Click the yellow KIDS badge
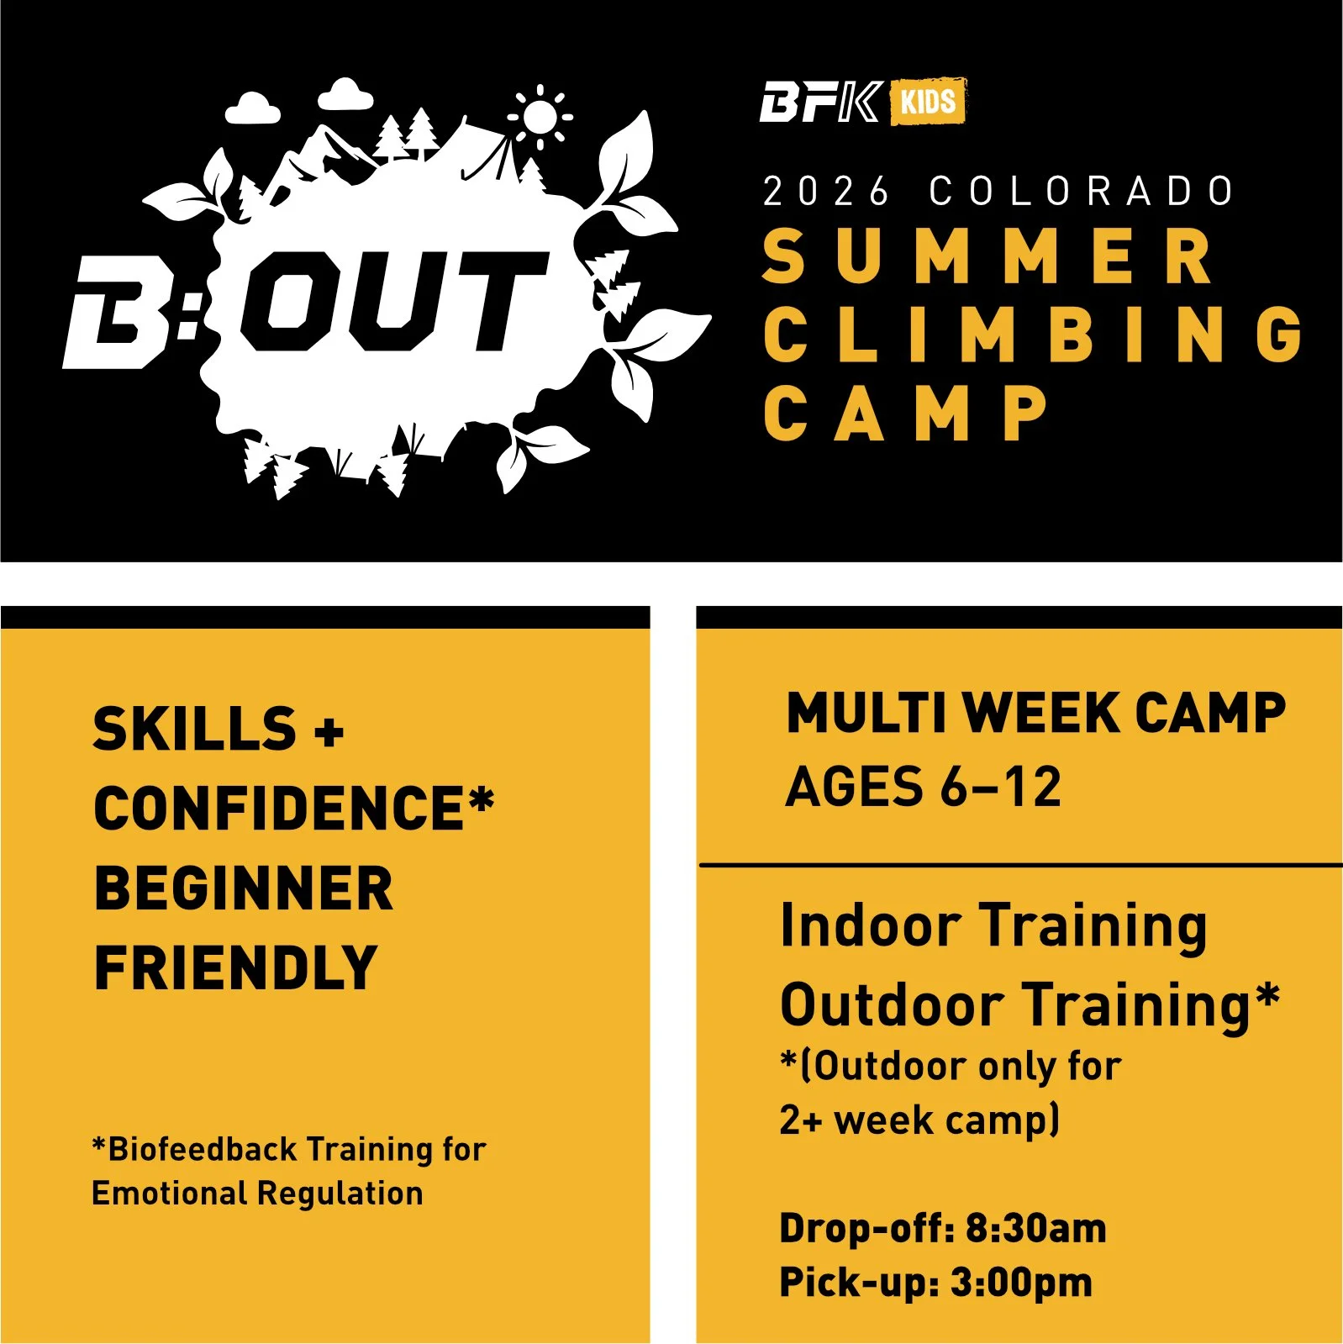pyautogui.click(x=928, y=102)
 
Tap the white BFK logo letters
pyautogui.click(x=820, y=103)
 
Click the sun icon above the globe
pyautogui.click(x=540, y=118)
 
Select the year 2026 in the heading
pyautogui.click(x=825, y=192)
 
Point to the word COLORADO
pyautogui.click(x=1082, y=192)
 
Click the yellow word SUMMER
pyautogui.click(x=988, y=257)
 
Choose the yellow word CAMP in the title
pyautogui.click(x=906, y=413)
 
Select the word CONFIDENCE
pyautogui.click(x=279, y=809)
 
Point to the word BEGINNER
pyautogui.click(x=244, y=888)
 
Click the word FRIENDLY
pyautogui.click(x=236, y=968)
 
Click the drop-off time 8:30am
pyautogui.click(x=1035, y=1229)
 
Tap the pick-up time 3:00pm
pyautogui.click(x=1021, y=1283)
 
